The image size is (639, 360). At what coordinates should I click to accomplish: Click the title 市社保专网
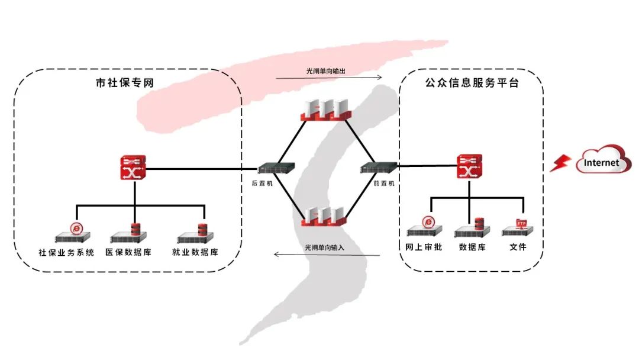coord(125,83)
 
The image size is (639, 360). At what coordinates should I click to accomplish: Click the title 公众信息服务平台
coord(472,83)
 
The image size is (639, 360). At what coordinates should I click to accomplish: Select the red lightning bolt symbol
coord(559,163)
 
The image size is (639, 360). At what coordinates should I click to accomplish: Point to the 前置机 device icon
coord(377,168)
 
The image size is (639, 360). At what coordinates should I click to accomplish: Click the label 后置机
coord(262,184)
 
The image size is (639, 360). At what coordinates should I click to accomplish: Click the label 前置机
coord(384,184)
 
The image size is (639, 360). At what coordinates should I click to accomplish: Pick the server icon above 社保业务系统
coord(75,234)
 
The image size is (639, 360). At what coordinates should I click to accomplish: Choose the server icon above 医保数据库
coord(130,234)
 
